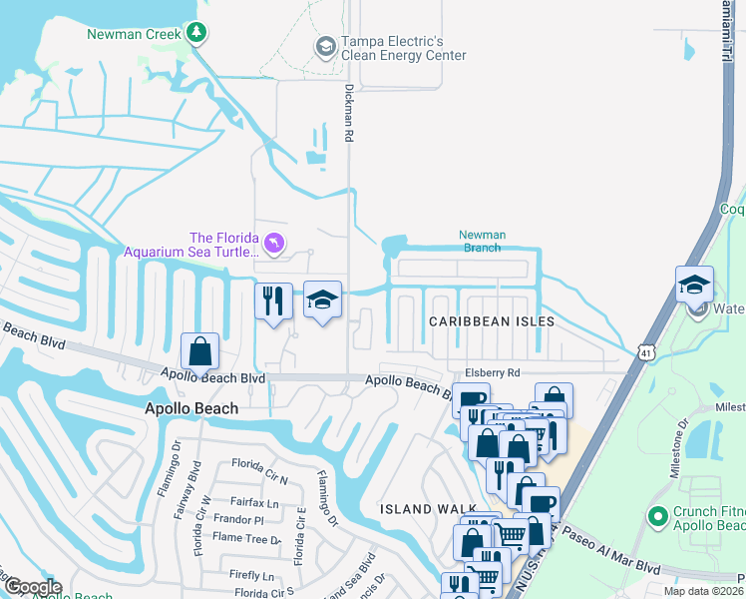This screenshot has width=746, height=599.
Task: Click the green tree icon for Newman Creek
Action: pos(197,34)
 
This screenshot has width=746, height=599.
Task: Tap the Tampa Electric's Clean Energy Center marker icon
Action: pos(325,47)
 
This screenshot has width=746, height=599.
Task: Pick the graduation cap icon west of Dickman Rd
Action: pos(322,300)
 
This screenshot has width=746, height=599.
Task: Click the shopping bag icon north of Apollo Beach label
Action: pos(200,351)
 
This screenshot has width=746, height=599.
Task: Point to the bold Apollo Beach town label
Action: pos(191,408)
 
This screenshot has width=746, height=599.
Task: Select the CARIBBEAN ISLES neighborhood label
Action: pos(484,321)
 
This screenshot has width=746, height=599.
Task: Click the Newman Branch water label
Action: pos(482,242)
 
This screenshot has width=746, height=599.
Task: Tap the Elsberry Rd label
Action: pos(487,371)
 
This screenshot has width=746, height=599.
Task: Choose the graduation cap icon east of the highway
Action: pos(694,284)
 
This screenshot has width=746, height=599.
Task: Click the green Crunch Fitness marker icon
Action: pos(657,516)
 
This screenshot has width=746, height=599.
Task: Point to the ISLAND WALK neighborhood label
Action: pos(428,509)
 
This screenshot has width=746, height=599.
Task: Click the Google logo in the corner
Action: pos(32,587)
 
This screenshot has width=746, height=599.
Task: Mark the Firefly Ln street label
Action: pos(251,575)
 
